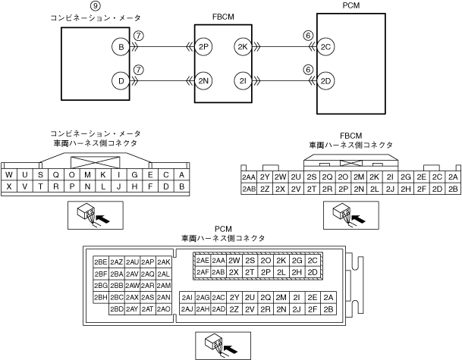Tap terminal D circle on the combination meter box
click(x=120, y=80)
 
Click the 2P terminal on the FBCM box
click(x=203, y=47)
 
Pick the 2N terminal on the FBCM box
click(x=203, y=80)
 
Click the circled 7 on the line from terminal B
click(x=137, y=36)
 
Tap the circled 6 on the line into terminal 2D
click(x=308, y=68)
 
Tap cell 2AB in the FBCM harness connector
click(x=248, y=189)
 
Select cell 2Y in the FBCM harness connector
click(x=265, y=177)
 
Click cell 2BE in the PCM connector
click(x=100, y=261)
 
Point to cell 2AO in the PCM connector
click(x=163, y=308)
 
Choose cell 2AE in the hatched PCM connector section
click(x=203, y=260)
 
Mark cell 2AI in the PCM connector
click(x=187, y=297)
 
